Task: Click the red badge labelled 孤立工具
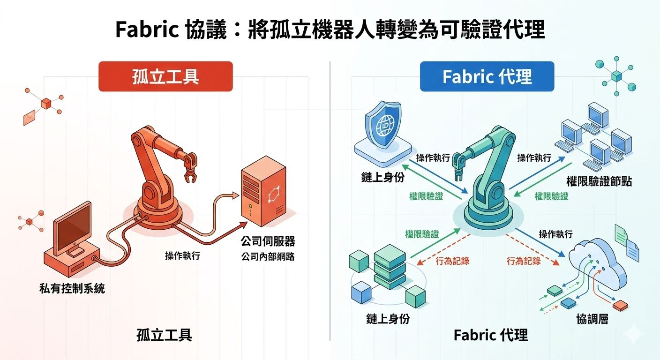[x=165, y=76]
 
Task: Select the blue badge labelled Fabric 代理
[x=487, y=76]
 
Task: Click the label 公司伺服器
[x=268, y=241]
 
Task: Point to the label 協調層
[x=592, y=319]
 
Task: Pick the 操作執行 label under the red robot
[x=182, y=256]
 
